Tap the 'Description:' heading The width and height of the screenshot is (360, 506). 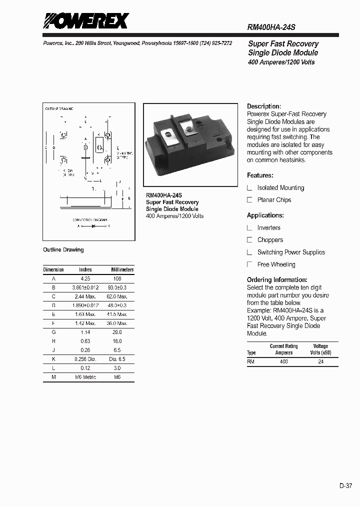point(264,106)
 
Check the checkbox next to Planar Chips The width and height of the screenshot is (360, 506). point(250,200)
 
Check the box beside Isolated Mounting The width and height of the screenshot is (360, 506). point(250,188)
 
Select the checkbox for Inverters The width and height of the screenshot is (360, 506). point(250,228)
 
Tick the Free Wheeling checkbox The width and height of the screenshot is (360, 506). point(250,264)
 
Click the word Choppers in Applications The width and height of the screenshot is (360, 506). point(270,240)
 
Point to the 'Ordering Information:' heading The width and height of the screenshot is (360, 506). point(277,280)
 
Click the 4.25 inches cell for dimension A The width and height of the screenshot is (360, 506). point(85,278)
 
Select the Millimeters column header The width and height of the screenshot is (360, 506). point(122,269)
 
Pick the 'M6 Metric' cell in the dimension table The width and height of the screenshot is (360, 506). point(85,376)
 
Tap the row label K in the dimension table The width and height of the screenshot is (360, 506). point(53,358)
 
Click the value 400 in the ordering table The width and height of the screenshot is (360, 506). point(283,361)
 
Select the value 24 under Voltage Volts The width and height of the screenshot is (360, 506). point(320,361)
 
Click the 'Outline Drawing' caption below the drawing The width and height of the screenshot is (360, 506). point(63,250)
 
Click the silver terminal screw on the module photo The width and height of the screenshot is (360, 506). point(189,131)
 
